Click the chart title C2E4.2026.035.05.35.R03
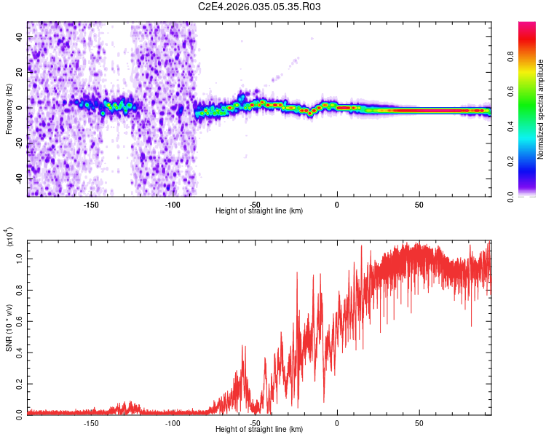point(259,7)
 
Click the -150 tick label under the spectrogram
point(91,205)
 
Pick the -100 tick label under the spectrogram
point(173,205)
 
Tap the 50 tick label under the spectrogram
point(419,205)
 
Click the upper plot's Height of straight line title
point(259,211)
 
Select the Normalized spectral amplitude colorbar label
point(540,110)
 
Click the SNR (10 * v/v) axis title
point(9,328)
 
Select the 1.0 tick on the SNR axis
point(20,257)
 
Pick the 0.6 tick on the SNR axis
point(20,320)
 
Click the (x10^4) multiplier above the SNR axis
point(9,236)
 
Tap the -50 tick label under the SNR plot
point(255,423)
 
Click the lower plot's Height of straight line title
point(259,430)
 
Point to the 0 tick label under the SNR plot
point(337,423)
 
